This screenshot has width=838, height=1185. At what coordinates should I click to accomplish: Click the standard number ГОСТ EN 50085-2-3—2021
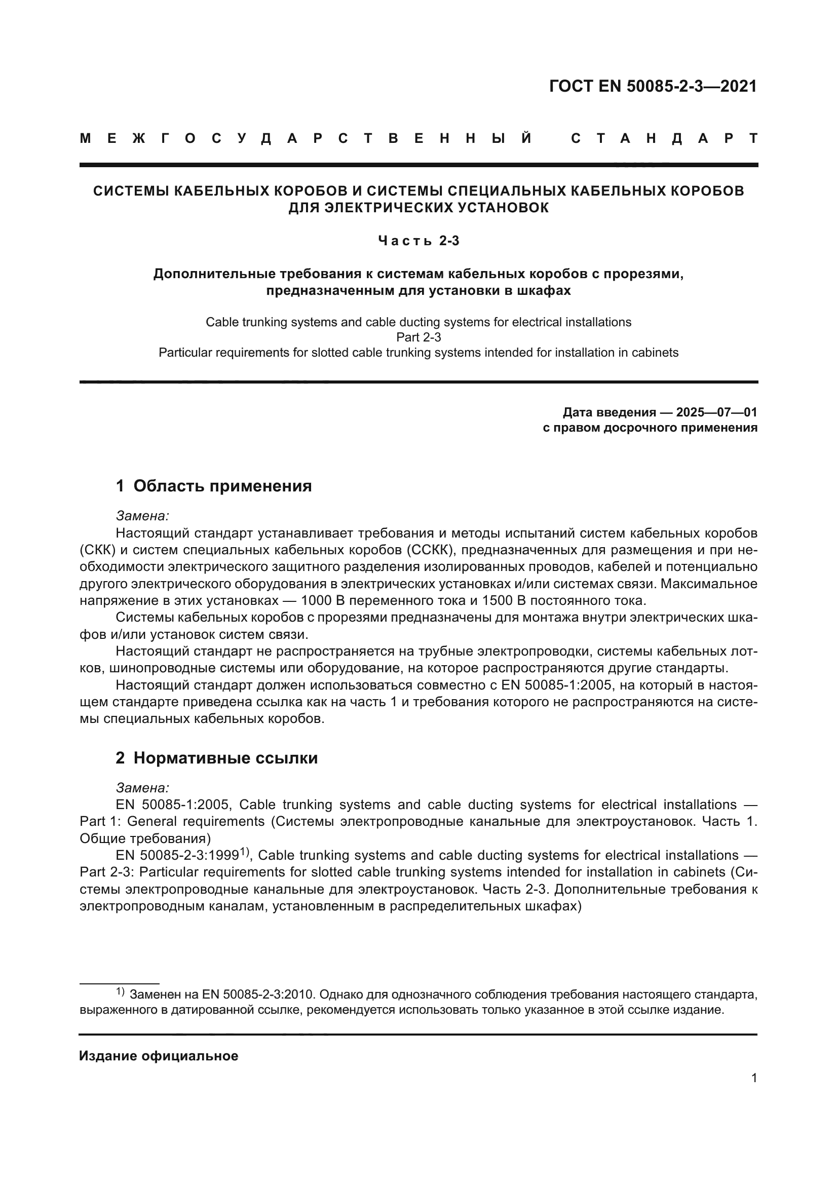[653, 86]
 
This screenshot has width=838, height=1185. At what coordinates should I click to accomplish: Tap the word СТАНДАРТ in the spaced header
[664, 138]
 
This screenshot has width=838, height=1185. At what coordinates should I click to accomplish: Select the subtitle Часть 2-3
[418, 241]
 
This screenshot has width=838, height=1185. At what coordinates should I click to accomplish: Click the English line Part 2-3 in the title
[418, 337]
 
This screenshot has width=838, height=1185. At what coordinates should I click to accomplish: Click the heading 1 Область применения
[214, 486]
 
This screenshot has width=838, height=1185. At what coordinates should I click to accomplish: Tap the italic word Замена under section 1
[142, 516]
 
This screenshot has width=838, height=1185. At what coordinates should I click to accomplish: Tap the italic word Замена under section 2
[142, 788]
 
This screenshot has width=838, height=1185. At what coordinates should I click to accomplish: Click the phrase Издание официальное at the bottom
[159, 1056]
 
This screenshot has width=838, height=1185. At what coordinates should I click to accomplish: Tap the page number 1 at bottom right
[754, 1093]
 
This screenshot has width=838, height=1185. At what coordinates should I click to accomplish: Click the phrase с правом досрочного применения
[650, 428]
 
